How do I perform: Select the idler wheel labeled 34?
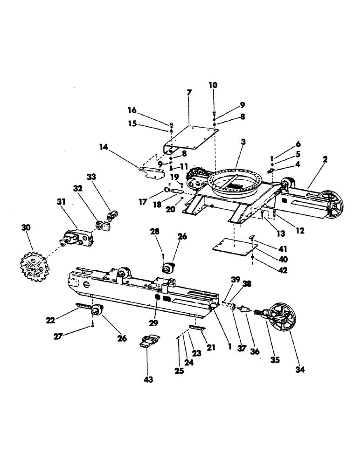(x=280, y=321)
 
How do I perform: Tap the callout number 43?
(x=148, y=380)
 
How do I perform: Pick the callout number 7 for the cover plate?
(x=189, y=93)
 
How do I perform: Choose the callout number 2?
(x=325, y=159)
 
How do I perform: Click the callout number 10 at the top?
(x=213, y=85)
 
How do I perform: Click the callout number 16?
(x=132, y=110)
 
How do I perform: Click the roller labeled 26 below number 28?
(x=168, y=269)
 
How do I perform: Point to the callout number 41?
(x=270, y=248)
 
